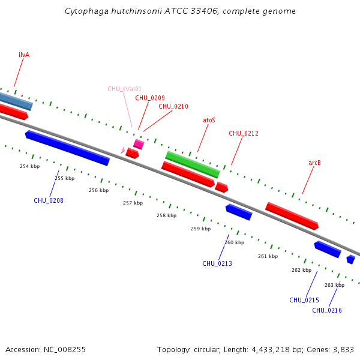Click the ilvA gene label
(24, 55)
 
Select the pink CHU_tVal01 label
(124, 89)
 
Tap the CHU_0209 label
(149, 98)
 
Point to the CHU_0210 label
(173, 106)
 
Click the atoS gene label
(209, 120)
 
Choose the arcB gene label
(314, 163)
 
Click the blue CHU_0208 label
(49, 200)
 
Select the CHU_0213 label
(217, 263)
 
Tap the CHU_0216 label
(327, 310)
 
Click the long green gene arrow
(193, 164)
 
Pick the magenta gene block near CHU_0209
(139, 144)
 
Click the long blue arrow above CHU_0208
(67, 148)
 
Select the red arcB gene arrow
(292, 216)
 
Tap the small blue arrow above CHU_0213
(239, 212)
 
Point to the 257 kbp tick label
(133, 203)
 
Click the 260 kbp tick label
(235, 242)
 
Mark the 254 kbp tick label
(29, 166)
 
